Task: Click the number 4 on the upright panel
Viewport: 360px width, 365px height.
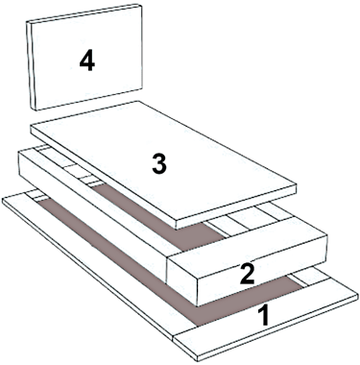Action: pos(87,61)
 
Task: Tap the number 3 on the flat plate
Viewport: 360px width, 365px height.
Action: pos(159,164)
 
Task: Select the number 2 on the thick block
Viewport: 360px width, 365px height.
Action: pos(248,275)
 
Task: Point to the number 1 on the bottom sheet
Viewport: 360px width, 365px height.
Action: pos(263,315)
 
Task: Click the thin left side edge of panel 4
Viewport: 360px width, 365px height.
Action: pos(32,66)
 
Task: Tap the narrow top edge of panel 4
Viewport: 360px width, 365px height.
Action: pos(84,13)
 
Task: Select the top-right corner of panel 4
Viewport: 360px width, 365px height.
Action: pos(141,6)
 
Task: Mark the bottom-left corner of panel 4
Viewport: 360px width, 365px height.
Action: pos(36,110)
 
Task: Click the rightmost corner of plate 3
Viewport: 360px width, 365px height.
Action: pos(297,184)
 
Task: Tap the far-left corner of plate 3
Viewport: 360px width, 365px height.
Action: pos(31,126)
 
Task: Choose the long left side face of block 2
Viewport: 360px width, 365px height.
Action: pos(93,218)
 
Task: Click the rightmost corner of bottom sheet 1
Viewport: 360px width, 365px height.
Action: pos(357,292)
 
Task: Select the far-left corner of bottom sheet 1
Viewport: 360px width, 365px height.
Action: pos(3,199)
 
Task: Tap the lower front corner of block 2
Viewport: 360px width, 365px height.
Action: pos(197,305)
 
